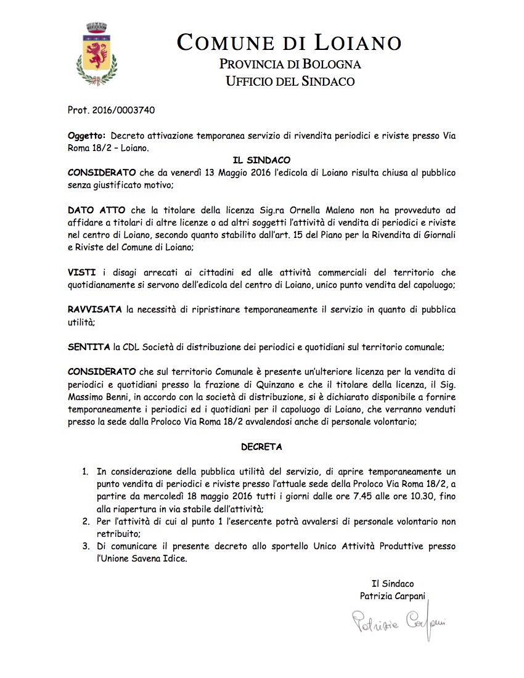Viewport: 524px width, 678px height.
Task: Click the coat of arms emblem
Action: pos(96,54)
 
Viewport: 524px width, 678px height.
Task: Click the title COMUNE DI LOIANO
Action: pos(289,43)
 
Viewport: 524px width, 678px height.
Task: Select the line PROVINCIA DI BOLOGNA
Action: pos(290,64)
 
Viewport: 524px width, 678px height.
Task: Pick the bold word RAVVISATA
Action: pos(95,310)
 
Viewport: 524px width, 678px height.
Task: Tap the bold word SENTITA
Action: pos(89,348)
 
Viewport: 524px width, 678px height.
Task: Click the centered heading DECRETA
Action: pos(262,445)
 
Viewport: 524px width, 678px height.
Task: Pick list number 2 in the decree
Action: pos(85,521)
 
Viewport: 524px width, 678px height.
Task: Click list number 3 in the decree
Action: pos(85,547)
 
